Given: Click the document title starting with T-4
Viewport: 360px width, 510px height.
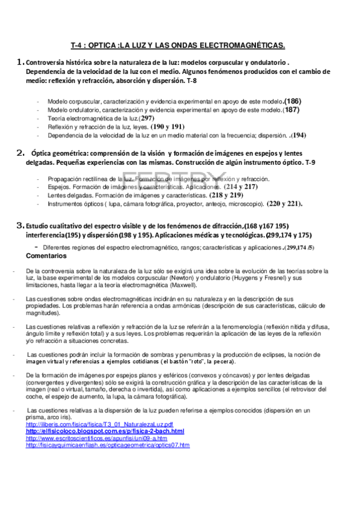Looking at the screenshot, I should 177,45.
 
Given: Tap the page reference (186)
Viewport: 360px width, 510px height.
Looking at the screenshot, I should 293,101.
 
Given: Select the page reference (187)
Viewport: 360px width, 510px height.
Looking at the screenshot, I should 292,110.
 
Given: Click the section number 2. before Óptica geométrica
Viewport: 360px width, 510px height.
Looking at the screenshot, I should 20,152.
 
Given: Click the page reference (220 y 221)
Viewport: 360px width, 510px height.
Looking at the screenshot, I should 285,204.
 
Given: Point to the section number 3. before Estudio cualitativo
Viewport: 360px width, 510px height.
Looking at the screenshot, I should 19,224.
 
